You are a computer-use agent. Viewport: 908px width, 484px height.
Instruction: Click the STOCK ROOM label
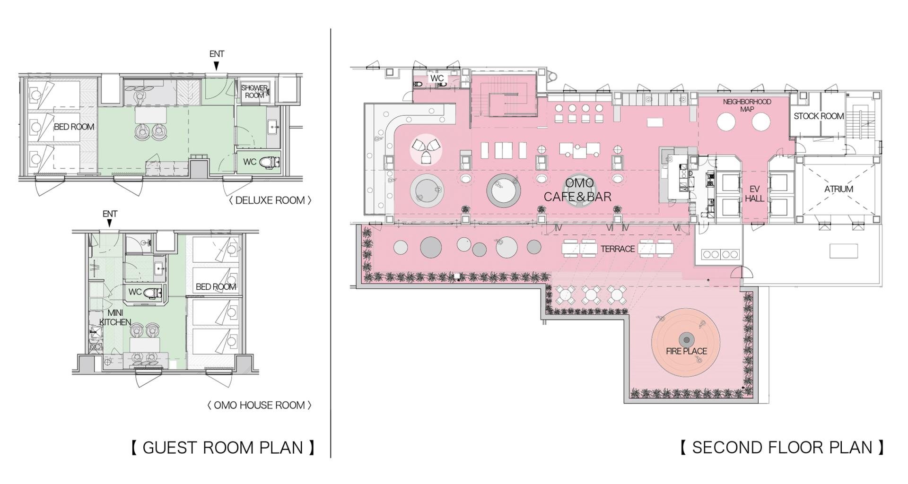(819, 116)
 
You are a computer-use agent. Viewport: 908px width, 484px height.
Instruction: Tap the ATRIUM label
(838, 189)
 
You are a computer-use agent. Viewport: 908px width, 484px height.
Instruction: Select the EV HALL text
(754, 194)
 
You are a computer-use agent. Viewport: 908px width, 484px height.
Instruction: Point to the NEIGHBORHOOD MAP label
(747, 105)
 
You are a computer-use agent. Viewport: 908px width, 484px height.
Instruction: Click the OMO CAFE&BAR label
(578, 190)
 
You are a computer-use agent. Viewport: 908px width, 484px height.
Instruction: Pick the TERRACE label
(618, 249)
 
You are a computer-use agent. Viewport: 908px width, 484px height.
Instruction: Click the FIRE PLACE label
(686, 351)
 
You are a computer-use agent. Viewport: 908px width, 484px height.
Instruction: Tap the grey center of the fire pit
(686, 339)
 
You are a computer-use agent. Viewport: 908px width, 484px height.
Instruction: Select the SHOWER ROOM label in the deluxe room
(254, 92)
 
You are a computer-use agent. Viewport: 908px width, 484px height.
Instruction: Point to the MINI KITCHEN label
(115, 318)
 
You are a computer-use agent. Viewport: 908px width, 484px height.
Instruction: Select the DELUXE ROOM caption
(270, 200)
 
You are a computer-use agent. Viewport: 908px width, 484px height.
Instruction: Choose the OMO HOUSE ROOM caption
(259, 405)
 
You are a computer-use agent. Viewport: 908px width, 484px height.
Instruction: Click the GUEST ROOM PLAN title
(223, 447)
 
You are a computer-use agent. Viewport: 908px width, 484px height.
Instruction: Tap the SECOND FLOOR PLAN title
(782, 447)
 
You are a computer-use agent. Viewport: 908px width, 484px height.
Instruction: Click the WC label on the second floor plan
(437, 78)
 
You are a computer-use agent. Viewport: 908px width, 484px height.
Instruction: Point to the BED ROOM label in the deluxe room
(74, 127)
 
